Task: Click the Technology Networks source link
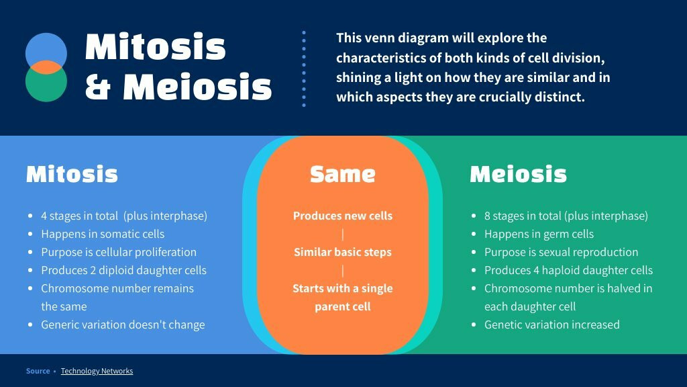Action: (97, 371)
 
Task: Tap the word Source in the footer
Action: (38, 371)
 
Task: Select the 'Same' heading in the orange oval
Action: (343, 174)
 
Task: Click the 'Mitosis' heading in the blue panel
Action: (72, 174)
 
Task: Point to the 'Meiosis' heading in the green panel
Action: (519, 174)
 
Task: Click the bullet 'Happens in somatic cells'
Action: (103, 234)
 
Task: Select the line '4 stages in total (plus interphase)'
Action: (124, 216)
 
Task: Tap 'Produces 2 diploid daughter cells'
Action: (124, 270)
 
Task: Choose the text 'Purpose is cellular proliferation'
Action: (119, 253)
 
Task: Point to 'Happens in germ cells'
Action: (539, 234)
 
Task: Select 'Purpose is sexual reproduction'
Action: (562, 253)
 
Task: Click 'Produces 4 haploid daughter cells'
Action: (569, 270)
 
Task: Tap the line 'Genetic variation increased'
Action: (552, 325)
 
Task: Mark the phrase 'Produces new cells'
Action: (343, 216)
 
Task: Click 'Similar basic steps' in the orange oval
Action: (343, 253)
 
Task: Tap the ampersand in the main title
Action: (98, 87)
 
